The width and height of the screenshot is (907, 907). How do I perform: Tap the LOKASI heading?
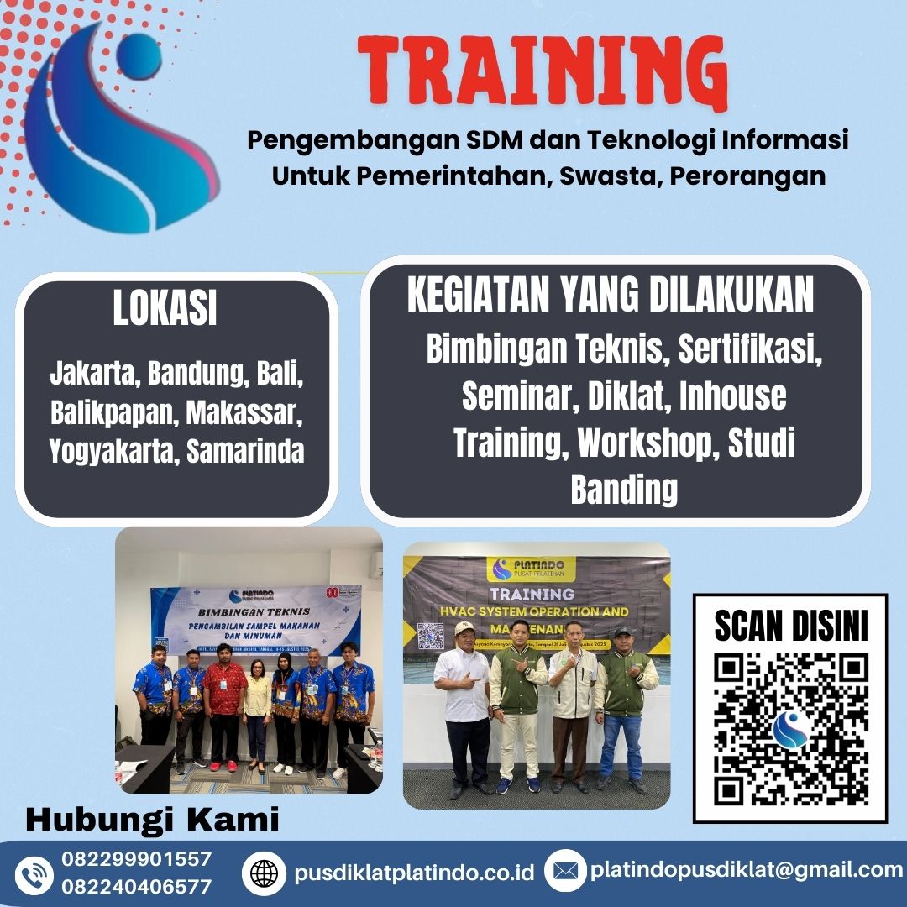165,309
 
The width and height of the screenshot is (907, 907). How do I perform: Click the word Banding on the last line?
623,490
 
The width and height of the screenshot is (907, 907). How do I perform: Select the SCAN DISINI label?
790,626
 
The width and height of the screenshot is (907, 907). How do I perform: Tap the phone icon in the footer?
34,874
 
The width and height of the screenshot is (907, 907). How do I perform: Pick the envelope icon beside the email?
565,872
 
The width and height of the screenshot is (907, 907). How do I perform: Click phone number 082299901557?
136,859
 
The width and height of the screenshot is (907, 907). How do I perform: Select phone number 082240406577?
136,886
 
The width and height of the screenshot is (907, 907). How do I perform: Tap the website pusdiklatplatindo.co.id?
414,873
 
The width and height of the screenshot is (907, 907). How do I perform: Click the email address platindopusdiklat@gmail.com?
746,870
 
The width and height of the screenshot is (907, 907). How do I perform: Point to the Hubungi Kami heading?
152,820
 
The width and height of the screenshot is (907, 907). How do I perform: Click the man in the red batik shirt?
225,701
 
